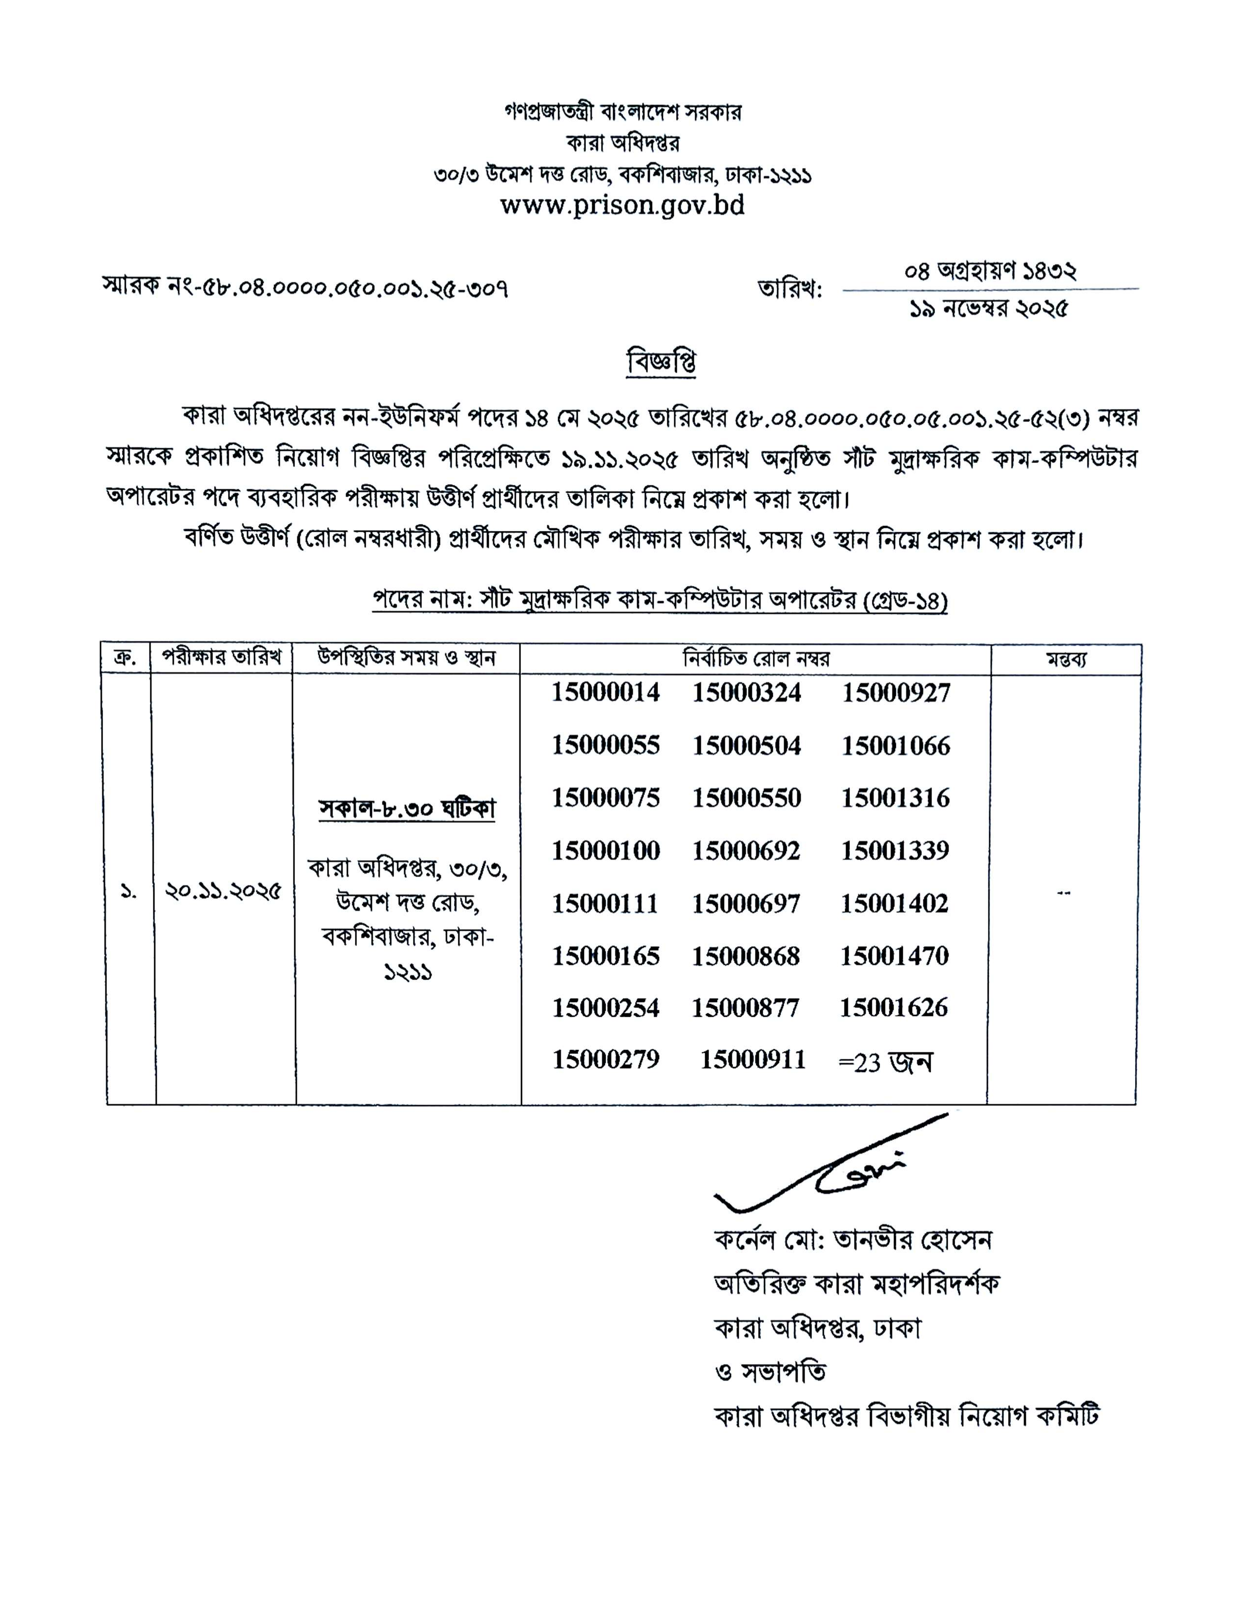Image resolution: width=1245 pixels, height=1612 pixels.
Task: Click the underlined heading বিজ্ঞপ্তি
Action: (661, 362)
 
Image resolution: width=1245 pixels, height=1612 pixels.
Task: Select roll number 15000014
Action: (606, 692)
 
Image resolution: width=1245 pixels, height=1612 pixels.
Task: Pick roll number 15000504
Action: (746, 746)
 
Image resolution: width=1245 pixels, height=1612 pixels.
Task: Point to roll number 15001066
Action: (896, 746)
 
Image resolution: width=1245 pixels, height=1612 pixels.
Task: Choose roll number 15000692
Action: (746, 850)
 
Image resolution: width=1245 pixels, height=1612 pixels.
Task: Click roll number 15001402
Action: (894, 902)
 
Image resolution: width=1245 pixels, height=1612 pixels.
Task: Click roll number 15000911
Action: (753, 1060)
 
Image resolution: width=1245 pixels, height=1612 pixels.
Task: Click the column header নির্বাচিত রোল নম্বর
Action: (755, 658)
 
